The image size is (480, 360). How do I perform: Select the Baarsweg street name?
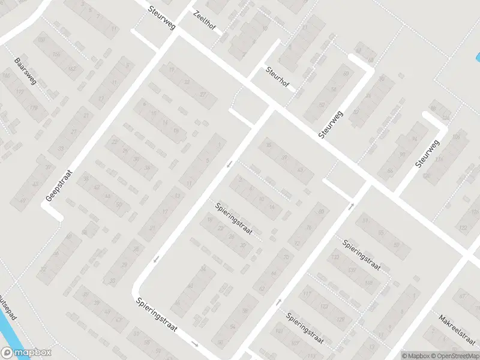tap(26, 71)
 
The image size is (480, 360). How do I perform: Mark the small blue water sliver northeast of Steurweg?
tap(478, 58)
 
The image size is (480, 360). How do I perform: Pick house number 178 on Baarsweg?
tap(25, 108)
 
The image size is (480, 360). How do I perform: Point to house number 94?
tap(414, 140)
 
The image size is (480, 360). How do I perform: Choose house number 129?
tap(341, 319)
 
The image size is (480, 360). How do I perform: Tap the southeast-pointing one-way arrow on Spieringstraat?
tap(195, 344)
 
